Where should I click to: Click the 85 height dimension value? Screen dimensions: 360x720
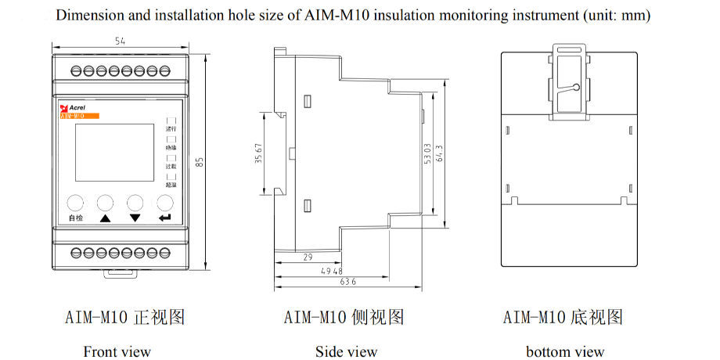click(200, 162)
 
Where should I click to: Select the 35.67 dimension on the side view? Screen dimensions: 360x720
click(258, 153)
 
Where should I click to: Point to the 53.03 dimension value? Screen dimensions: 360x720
click(427, 153)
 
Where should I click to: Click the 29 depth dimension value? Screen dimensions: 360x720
click(307, 257)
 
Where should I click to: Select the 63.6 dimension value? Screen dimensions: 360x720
click(347, 282)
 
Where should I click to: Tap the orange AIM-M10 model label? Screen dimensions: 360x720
click(79, 115)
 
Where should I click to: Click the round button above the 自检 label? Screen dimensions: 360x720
click(75, 202)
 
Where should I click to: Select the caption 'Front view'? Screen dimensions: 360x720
click(117, 351)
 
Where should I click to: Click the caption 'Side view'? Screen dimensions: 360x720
click(346, 351)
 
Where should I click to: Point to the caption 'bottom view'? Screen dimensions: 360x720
click(565, 351)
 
